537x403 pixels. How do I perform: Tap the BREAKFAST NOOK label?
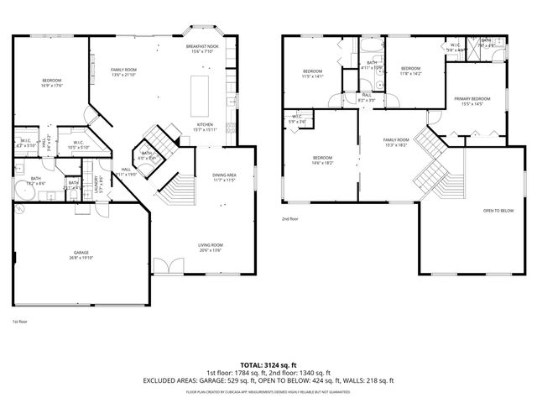coord(203,50)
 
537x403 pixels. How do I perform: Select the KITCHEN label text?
coord(205,127)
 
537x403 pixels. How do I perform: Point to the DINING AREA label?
coord(223,177)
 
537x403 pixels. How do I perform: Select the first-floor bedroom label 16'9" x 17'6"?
coord(52,82)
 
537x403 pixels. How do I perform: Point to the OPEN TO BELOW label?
coord(498,211)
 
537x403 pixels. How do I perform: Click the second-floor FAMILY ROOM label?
coord(396,142)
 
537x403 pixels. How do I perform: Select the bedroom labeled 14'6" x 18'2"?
coord(323,160)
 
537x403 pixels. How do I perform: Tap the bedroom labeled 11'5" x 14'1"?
coord(313,73)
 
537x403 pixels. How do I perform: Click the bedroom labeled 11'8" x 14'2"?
coord(410,71)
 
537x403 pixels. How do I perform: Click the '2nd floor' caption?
coord(290,218)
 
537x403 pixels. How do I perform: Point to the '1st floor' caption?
coord(19,322)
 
